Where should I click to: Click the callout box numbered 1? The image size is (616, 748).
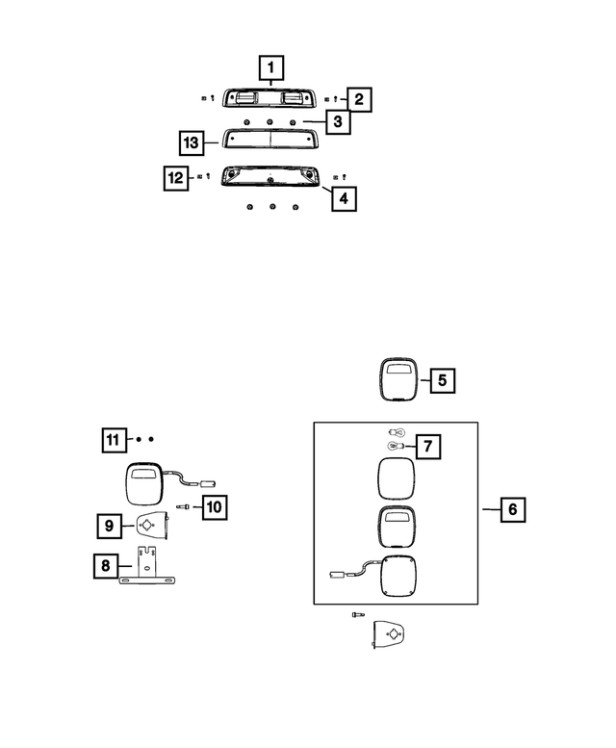pos(271,67)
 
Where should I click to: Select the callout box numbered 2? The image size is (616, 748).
pos(359,99)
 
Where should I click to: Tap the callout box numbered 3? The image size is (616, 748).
pos(338,121)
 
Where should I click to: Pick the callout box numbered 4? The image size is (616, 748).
pos(344,198)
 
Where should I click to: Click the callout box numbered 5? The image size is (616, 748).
pos(443,380)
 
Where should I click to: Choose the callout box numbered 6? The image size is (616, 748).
pos(513,509)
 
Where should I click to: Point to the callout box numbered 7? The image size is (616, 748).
pos(428,447)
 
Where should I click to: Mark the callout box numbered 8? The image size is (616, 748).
pos(106,566)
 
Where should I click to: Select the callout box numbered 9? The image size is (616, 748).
pos(109,526)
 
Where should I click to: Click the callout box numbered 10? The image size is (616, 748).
pos(215,506)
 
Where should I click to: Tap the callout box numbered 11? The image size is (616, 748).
pos(115,440)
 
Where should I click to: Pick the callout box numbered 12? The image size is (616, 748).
pos(176,178)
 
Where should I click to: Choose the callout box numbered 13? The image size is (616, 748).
pos(192,142)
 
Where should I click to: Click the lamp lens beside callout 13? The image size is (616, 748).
pos(270,139)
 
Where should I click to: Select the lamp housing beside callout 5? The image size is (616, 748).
pos(398,378)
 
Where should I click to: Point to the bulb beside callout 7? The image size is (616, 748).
pos(396,447)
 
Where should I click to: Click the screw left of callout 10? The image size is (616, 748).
pos(183,506)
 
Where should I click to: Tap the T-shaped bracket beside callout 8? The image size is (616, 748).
pos(147,566)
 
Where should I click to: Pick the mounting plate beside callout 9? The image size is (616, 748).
pos(152,526)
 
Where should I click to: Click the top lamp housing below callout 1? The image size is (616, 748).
pos(270,98)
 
